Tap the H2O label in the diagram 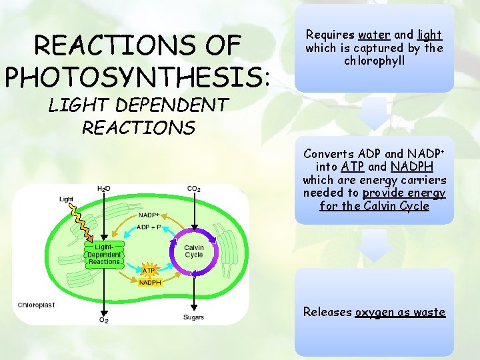pos(103,189)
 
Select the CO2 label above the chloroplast pos(194,189)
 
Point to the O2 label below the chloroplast pos(103,321)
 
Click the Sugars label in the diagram pos(194,317)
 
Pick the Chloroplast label pos(36,305)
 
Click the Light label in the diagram pos(67,199)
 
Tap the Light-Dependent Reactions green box pos(104,255)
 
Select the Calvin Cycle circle pos(194,251)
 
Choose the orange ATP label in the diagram pos(149,271)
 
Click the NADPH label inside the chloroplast pos(149,282)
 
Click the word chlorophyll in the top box pos(374,61)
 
